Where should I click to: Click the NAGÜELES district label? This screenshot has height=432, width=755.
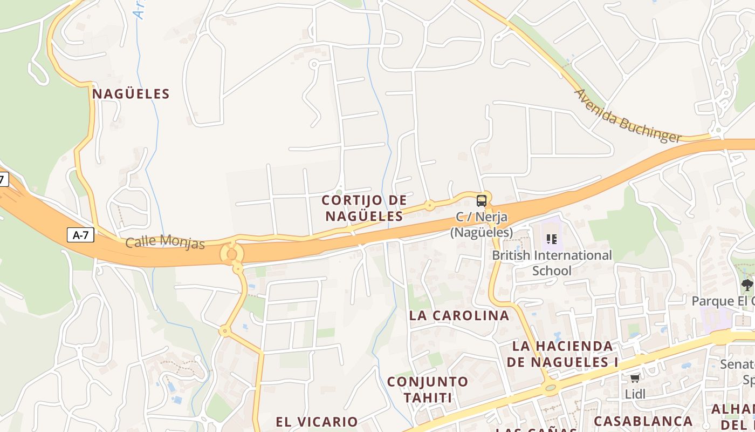(131, 94)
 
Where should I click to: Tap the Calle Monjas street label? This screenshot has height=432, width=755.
(165, 242)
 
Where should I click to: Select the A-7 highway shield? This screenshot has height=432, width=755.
(80, 235)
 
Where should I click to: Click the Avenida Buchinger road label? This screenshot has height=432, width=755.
(628, 117)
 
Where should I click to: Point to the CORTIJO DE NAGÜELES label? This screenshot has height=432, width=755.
(364, 208)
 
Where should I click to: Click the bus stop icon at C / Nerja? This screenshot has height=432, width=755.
(482, 201)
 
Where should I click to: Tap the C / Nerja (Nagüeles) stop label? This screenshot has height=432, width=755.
(482, 225)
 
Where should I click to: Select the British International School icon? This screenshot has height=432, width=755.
(551, 238)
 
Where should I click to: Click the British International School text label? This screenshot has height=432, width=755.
(552, 262)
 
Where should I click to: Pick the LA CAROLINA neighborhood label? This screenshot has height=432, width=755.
(459, 315)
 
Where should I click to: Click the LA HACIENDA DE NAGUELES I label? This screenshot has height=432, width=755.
(562, 354)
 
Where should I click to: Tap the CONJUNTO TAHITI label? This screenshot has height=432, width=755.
(428, 389)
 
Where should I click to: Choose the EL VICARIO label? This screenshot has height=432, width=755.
(317, 422)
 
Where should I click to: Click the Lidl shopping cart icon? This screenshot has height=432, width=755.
(635, 378)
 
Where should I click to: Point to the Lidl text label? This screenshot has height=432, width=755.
(635, 394)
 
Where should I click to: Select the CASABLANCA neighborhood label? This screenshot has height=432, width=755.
(643, 421)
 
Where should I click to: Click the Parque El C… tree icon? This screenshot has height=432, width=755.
(747, 285)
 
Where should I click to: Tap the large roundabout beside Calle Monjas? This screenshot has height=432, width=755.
(232, 253)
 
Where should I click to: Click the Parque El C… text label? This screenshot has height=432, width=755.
(723, 301)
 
